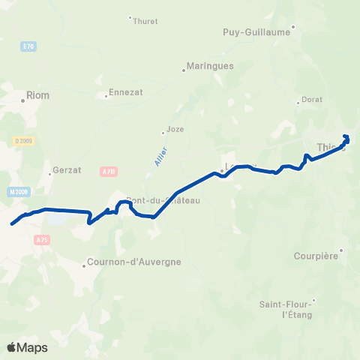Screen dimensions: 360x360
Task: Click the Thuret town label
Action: tap(145, 22)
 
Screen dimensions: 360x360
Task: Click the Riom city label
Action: tap(37, 94)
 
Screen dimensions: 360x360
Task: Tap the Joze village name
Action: tap(175, 129)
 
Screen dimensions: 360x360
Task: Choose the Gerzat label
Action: tap(66, 170)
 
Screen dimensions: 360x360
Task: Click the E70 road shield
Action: tap(28, 46)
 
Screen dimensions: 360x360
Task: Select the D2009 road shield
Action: tap(24, 140)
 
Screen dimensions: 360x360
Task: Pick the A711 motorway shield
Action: tap(109, 172)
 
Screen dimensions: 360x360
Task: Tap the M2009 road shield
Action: tap(19, 192)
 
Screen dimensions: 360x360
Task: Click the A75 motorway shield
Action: tap(41, 239)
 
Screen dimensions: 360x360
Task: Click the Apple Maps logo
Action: tap(27, 347)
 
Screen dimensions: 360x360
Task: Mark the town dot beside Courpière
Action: tap(341, 250)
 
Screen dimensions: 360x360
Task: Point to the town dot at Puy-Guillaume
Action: tap(293, 27)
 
